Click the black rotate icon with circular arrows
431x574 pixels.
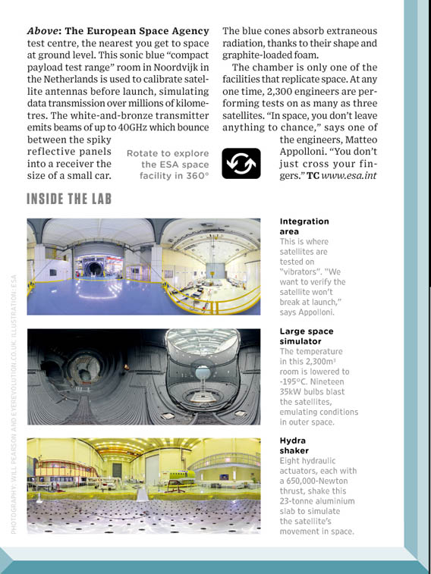pos(241,163)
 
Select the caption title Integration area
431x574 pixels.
pos(304,226)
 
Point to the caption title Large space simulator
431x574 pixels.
pos(306,337)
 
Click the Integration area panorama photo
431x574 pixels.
pos(143,266)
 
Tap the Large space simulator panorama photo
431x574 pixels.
pos(143,376)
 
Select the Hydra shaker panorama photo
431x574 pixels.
pos(143,486)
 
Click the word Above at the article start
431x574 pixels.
pos(43,31)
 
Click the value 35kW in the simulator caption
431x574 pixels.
pos(292,392)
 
